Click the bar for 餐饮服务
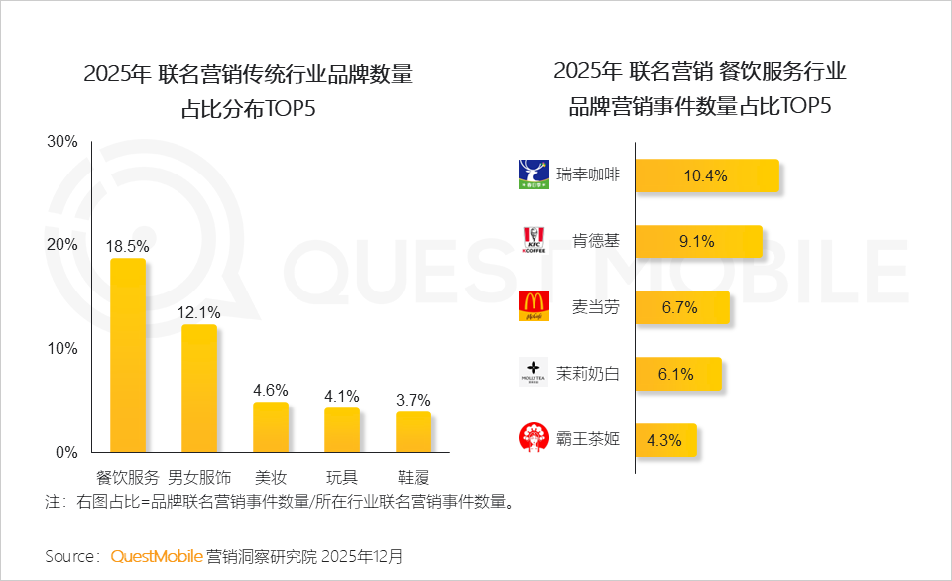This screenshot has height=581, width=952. tap(128, 355)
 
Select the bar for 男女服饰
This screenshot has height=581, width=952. tap(199, 388)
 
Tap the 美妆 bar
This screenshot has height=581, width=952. tap(271, 426)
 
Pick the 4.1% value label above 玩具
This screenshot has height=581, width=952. tap(342, 396)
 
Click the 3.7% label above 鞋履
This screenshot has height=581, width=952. tap(414, 400)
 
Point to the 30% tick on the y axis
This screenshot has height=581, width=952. tap(62, 142)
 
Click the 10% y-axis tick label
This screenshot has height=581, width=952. tap(62, 349)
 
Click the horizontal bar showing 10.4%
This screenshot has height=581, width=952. tap(706, 175)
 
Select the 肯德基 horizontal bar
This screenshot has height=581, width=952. tap(698, 241)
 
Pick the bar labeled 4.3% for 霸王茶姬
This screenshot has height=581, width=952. tap(665, 439)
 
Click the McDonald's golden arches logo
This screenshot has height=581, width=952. tap(534, 306)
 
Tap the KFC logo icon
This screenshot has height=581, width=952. tap(534, 241)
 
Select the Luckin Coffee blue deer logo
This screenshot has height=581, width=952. tap(534, 174)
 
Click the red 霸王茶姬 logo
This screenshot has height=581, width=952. tap(534, 438)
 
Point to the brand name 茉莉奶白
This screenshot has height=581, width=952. tap(587, 374)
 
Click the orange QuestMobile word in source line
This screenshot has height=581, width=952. tap(157, 556)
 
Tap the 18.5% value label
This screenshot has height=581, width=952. tap(128, 245)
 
